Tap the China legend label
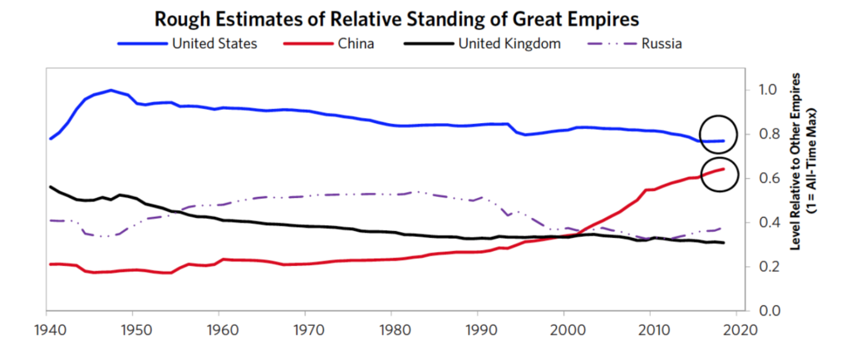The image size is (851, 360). [x=352, y=43]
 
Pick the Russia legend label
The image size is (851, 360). [x=662, y=43]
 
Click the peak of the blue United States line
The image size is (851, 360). [x=111, y=90]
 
